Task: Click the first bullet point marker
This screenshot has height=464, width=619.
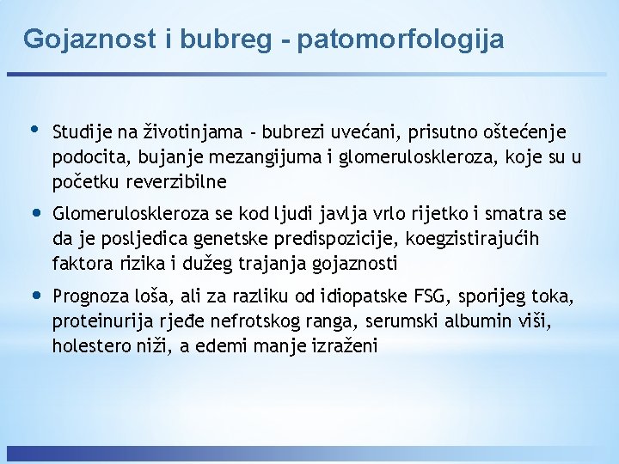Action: (34, 130)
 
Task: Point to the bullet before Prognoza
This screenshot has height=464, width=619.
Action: (35, 296)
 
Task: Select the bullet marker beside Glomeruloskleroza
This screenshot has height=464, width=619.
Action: (35, 212)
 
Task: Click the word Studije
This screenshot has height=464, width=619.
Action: (83, 132)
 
